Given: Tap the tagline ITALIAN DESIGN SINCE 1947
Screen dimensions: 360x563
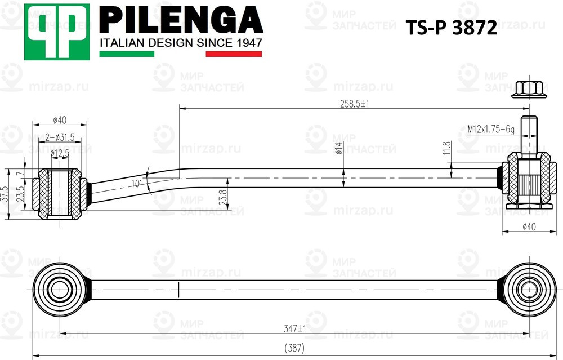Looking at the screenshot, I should tap(181, 43).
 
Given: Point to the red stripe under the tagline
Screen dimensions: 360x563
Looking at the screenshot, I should tap(234, 54).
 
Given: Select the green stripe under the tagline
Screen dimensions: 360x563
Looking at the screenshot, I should tap(127, 54).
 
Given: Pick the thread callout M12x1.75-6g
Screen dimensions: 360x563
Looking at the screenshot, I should tap(491, 130).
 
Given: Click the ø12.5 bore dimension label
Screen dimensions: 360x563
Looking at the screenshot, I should tap(60, 153).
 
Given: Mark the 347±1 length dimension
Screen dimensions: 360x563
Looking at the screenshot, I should tap(294, 328).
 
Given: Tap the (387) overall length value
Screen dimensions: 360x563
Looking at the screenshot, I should tap(294, 348).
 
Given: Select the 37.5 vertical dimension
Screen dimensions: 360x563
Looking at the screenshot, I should tap(5, 194).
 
